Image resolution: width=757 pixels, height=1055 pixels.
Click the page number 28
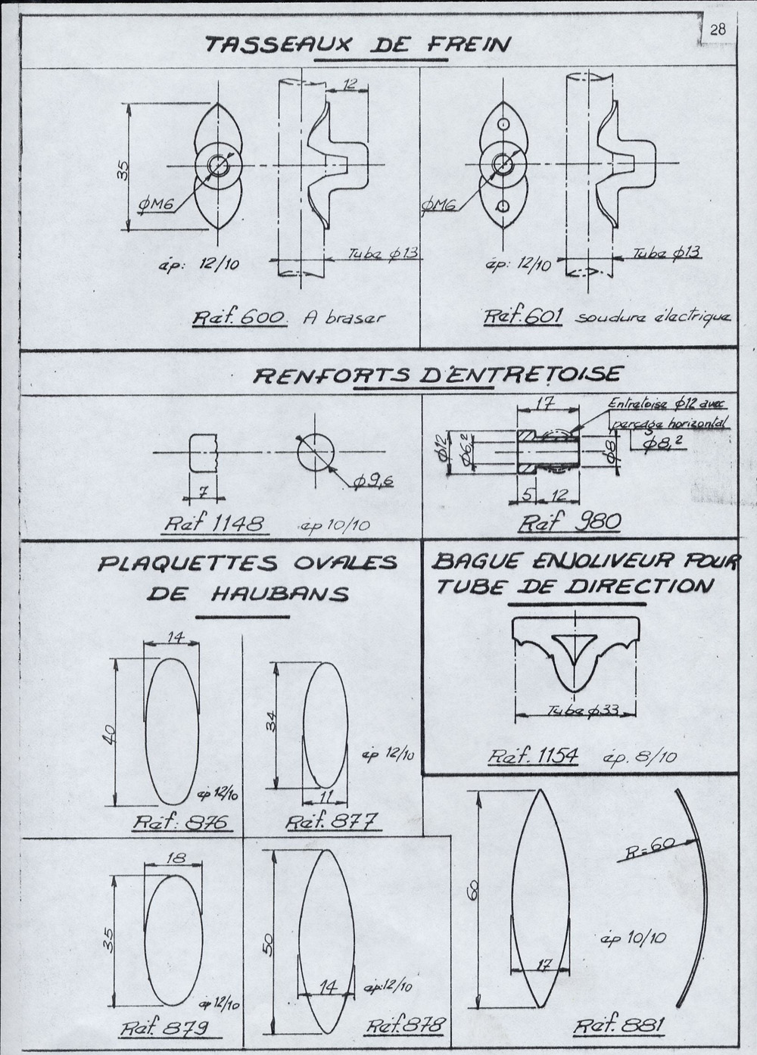(x=717, y=30)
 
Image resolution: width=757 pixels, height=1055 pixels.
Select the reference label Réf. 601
(x=522, y=316)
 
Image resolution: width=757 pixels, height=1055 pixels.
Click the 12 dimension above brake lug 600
(x=348, y=85)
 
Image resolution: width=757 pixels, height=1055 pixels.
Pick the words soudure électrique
(x=653, y=316)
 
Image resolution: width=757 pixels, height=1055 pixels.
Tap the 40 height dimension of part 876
(x=108, y=733)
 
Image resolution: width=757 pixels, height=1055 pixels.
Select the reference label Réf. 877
(x=332, y=823)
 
